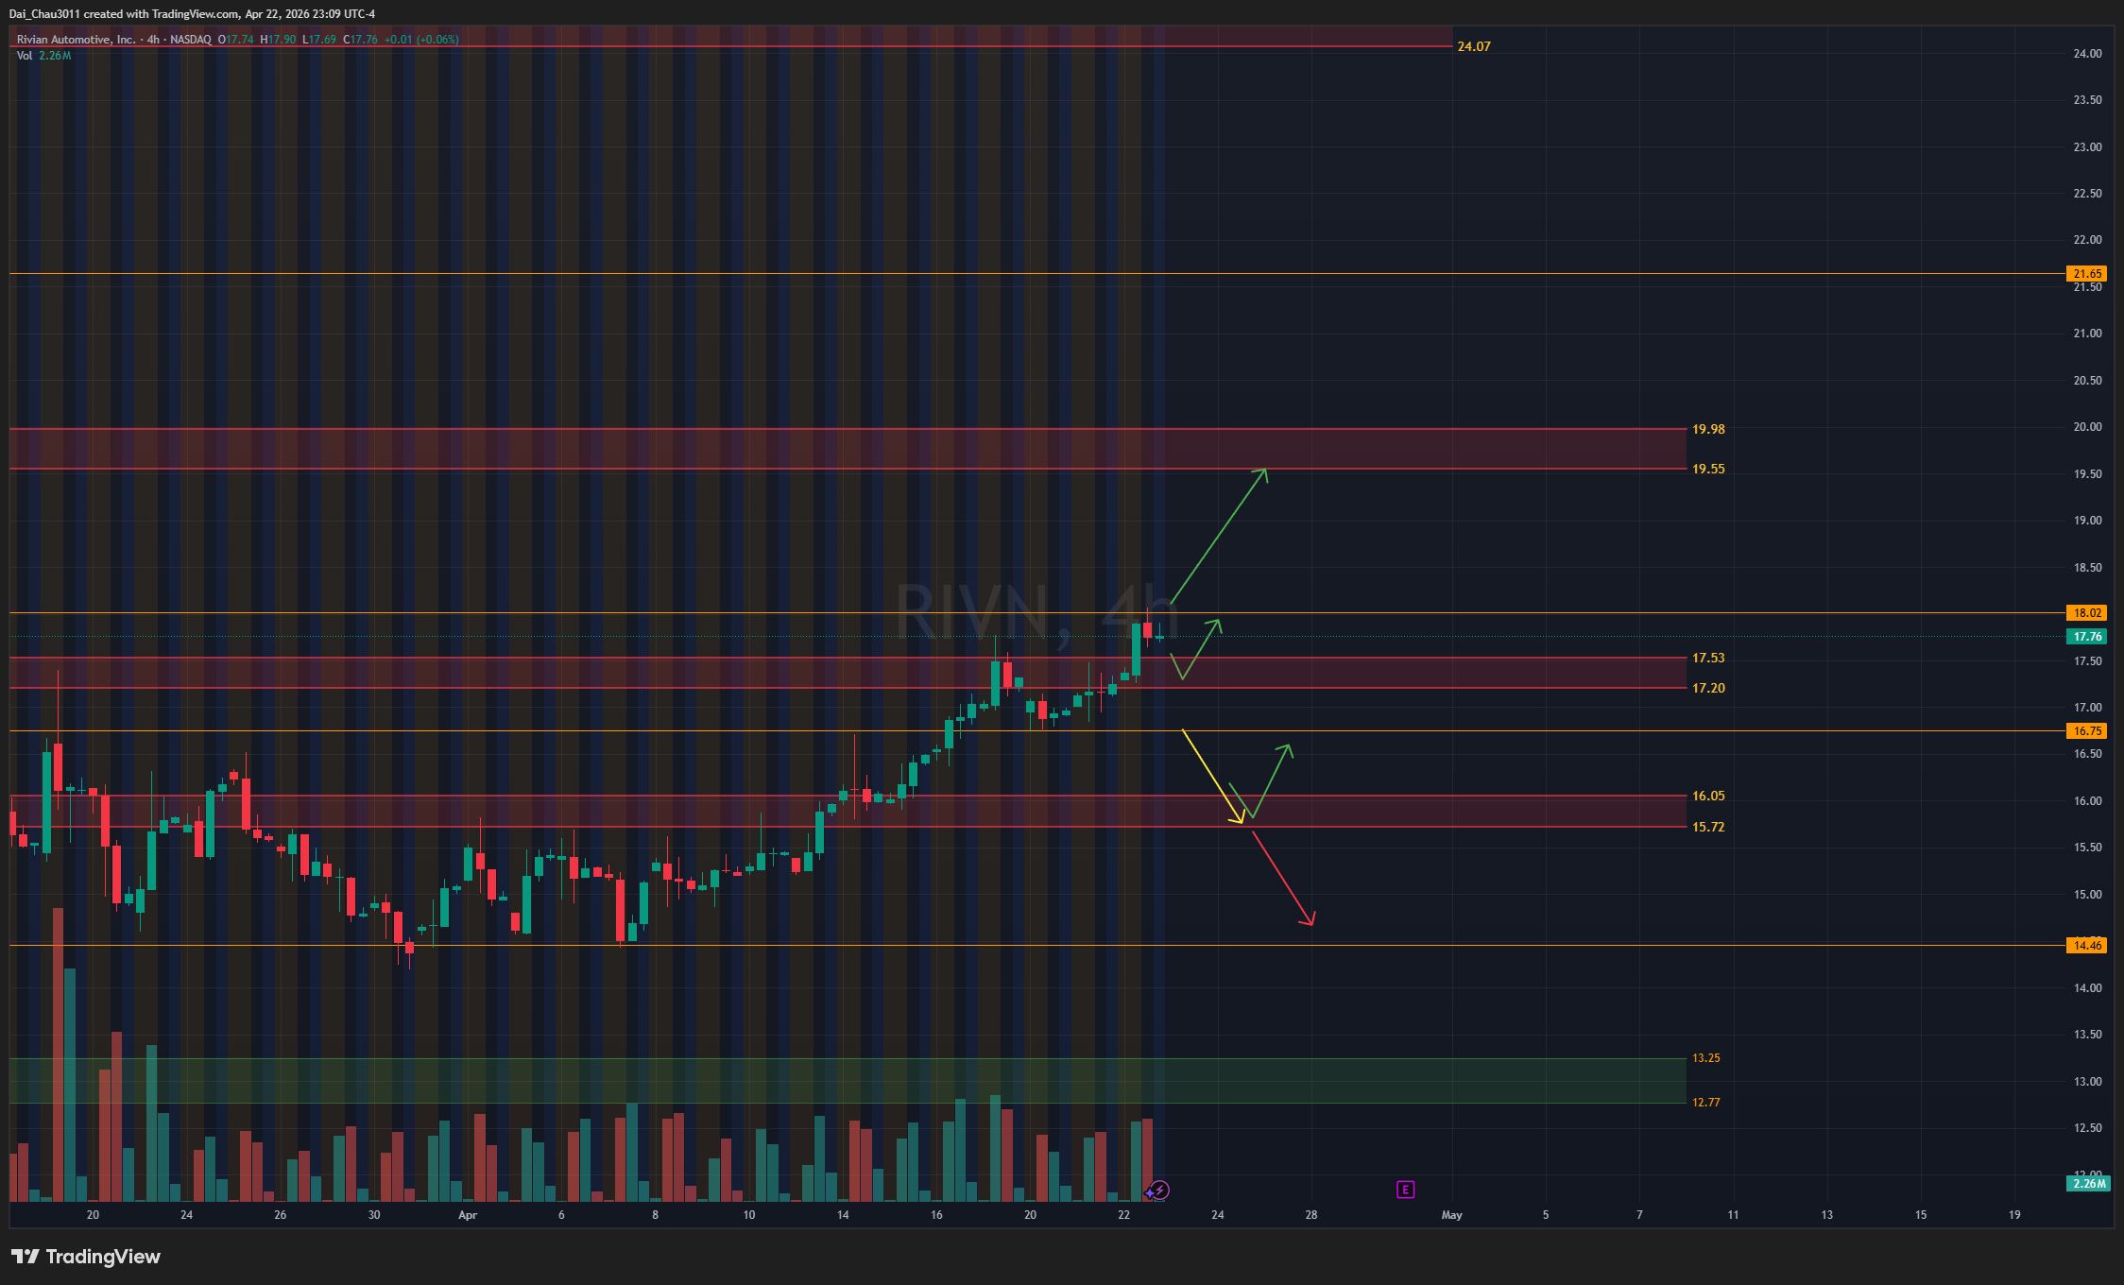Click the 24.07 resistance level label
click(1473, 46)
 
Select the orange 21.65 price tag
click(2087, 274)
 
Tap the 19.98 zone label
click(1707, 429)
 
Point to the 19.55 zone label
click(1707, 469)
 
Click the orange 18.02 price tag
click(2087, 613)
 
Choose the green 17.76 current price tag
click(2087, 637)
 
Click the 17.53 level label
click(1707, 658)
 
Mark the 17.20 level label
click(1707, 688)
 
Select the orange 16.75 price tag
click(2087, 731)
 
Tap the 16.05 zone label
click(1707, 796)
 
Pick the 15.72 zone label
click(1707, 827)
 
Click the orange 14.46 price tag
click(2087, 946)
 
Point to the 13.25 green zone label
click(1705, 1058)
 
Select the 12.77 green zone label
click(1705, 1103)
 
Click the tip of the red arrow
click(1312, 924)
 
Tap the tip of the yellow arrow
click(1242, 822)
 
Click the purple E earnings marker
click(1405, 1190)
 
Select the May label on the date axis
click(1451, 1215)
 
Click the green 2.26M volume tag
click(2089, 1184)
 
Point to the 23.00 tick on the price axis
click(2087, 147)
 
